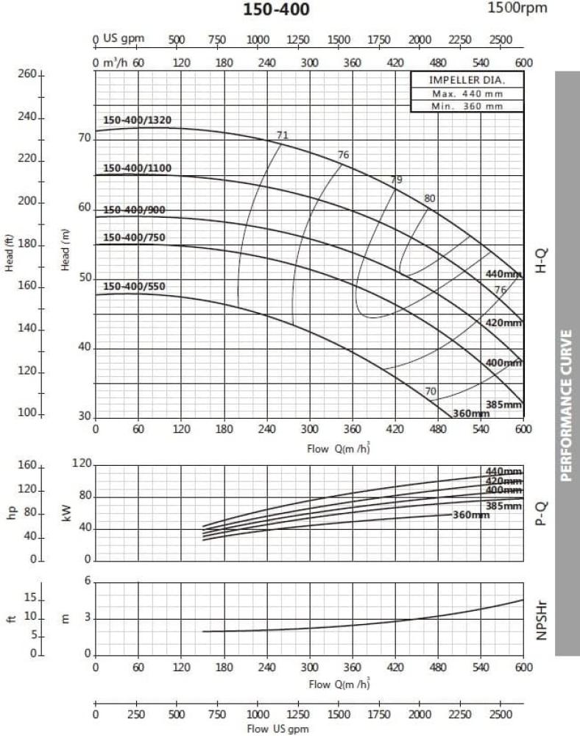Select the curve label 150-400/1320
(x=137, y=121)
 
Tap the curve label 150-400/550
(x=134, y=286)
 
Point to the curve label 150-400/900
(x=134, y=210)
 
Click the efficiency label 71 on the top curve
(x=283, y=135)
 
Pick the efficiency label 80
(x=430, y=198)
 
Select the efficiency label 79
(x=397, y=180)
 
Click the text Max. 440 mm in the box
(x=467, y=93)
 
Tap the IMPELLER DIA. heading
(x=467, y=81)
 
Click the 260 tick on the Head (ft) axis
(x=26, y=75)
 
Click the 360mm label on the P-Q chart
(x=471, y=514)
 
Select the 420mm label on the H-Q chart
(x=503, y=322)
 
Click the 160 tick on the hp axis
(x=26, y=465)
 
